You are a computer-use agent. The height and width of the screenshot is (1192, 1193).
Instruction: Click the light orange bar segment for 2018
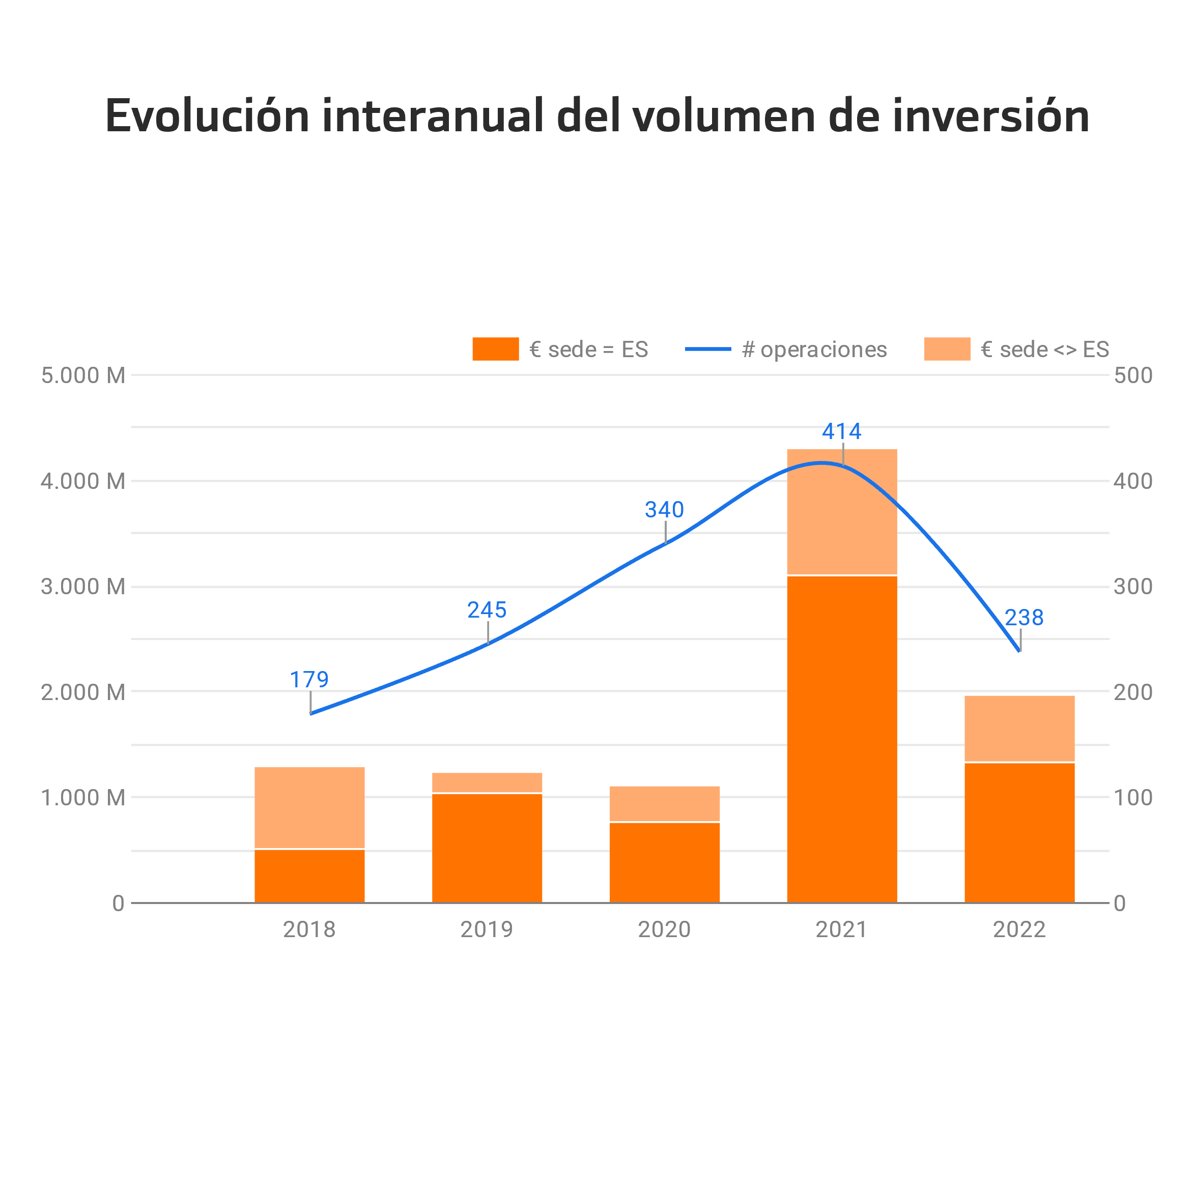(x=309, y=807)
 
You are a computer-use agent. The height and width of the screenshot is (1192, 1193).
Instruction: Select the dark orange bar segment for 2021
(x=842, y=739)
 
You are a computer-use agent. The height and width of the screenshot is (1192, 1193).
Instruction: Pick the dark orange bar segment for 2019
(x=487, y=848)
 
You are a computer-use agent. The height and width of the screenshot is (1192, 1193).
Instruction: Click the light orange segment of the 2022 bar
(x=1019, y=729)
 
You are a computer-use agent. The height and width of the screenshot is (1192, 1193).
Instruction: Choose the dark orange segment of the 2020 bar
(x=664, y=862)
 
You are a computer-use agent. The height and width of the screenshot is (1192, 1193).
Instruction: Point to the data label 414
(x=842, y=431)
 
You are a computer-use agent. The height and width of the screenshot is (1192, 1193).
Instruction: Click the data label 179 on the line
(x=309, y=680)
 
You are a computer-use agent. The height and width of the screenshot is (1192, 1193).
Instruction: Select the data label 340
(x=664, y=510)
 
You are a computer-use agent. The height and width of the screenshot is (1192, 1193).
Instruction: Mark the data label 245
(x=487, y=610)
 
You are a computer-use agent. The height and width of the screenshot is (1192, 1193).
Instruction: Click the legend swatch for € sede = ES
(x=495, y=349)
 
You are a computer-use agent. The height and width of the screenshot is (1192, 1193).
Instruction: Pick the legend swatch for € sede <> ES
(x=947, y=349)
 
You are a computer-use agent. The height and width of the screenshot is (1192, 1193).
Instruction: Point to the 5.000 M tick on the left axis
(x=83, y=375)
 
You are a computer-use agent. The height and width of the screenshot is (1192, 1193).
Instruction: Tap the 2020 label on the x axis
(x=664, y=929)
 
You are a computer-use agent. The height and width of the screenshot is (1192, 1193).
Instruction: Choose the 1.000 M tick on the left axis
(x=83, y=798)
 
